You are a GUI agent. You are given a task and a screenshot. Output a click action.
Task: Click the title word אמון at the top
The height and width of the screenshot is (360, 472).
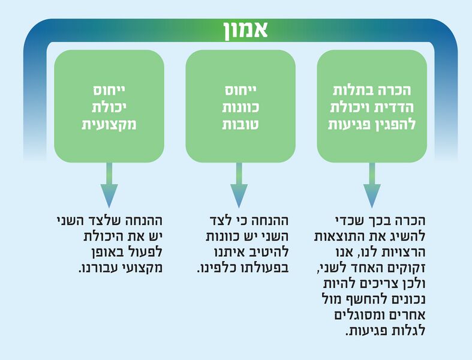pos(245,30)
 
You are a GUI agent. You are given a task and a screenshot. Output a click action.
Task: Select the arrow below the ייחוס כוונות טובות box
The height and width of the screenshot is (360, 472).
pos(239,185)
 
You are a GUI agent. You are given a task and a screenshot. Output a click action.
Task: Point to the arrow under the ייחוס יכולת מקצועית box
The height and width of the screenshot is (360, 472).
pos(109,185)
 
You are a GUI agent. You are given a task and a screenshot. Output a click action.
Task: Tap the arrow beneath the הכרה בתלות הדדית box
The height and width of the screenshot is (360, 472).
pos(372,185)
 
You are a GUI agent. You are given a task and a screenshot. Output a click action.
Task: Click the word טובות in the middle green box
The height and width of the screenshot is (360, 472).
pos(240,124)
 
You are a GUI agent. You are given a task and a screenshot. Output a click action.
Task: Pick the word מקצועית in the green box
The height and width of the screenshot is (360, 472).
pos(109,124)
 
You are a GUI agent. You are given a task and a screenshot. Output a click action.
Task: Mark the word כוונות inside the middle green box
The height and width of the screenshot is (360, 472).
pos(240,107)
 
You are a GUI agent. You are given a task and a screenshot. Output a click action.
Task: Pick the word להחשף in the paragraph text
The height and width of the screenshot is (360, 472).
pos(363,299)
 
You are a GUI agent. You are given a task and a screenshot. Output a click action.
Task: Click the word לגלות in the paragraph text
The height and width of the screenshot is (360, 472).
pos(408,331)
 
